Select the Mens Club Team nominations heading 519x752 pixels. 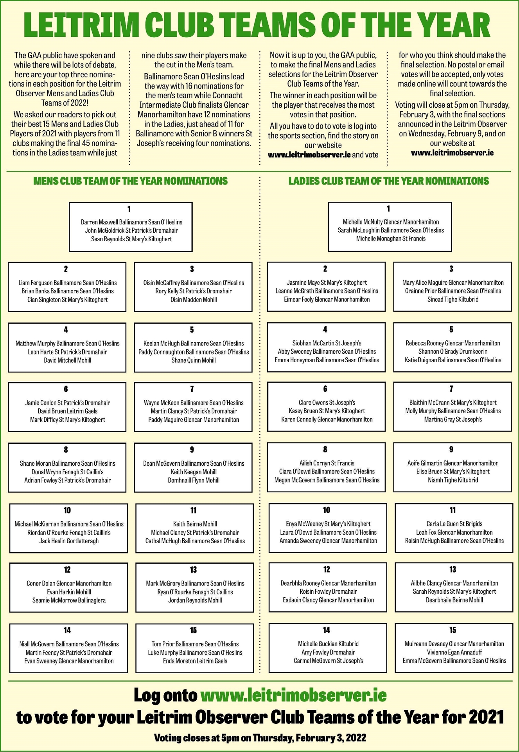pos(130,181)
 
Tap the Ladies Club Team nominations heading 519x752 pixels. pos(389,181)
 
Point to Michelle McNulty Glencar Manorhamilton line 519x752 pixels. pos(391,222)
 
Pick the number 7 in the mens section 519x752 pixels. pos(192,389)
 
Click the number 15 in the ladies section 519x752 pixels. pos(453,630)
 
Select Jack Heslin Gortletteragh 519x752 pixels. pos(69,541)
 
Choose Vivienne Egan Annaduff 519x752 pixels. pos(454,652)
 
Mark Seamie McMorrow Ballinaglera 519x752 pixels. pos(69,600)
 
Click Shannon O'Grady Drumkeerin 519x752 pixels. pos(453,351)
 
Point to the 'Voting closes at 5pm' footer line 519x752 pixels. pos(260,738)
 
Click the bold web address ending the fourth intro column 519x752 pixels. pos(452,153)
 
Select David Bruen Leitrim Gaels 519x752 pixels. pos(68,411)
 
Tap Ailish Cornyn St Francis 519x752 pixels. pos(327,463)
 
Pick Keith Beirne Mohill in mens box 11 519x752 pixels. pos(195,524)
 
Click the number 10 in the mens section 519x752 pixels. pos(67,510)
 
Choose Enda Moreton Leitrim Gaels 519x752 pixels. pos(195,661)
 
